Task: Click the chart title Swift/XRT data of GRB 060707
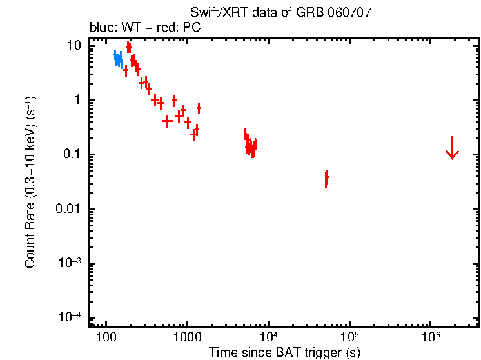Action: point(280,13)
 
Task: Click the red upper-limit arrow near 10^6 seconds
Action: point(452,148)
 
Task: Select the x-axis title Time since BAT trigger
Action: point(284,352)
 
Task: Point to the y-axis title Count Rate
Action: point(30,183)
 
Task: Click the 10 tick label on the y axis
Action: point(75,46)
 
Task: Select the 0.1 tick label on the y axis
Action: point(73,155)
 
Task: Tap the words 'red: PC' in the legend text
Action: point(173,28)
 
